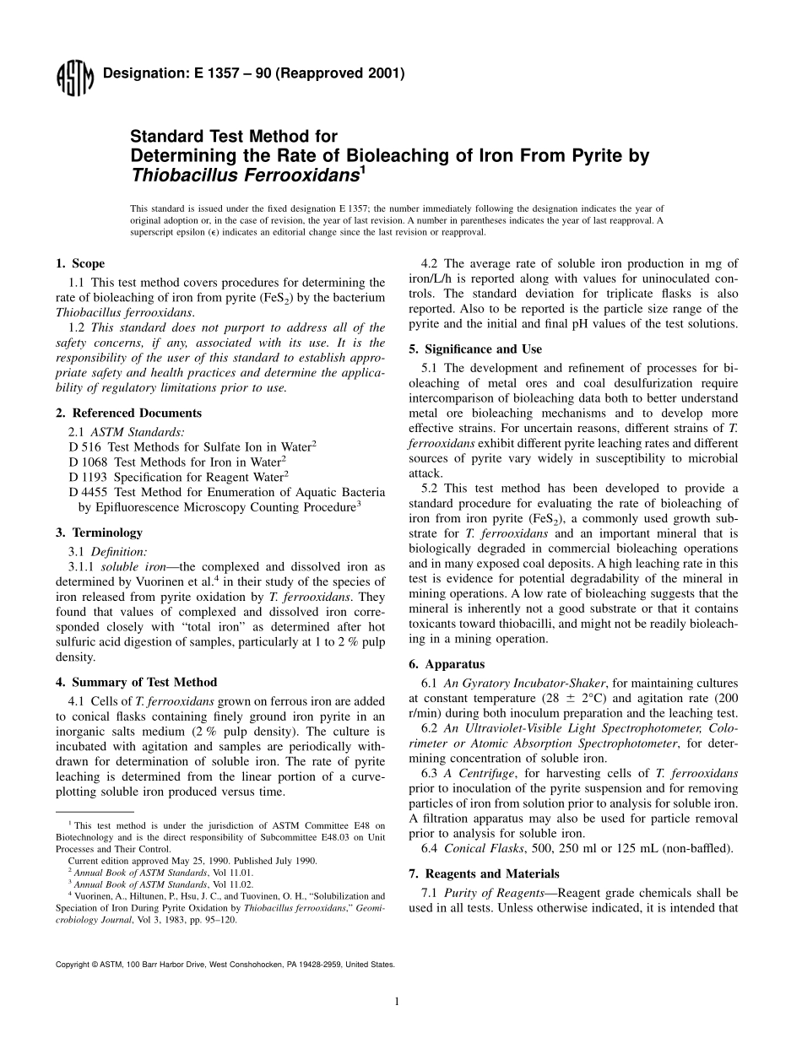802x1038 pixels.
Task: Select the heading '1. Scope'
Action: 80,263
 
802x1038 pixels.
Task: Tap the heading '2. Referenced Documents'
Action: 128,413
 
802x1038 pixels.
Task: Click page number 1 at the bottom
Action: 396,1002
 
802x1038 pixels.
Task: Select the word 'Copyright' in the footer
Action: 71,964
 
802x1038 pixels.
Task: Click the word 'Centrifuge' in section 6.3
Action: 486,773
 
